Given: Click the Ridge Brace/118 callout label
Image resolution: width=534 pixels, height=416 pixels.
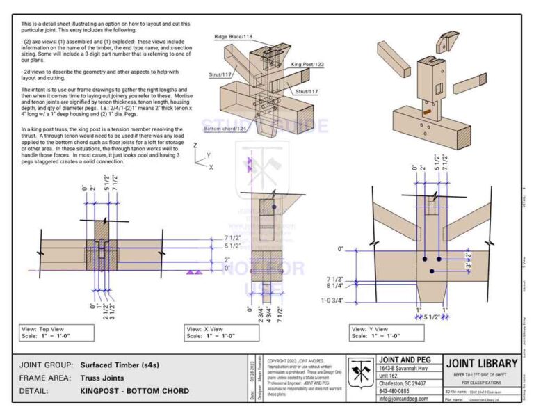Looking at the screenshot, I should pyautogui.click(x=234, y=36).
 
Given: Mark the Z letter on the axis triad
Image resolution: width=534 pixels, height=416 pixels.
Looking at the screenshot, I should pyautogui.click(x=197, y=145).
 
